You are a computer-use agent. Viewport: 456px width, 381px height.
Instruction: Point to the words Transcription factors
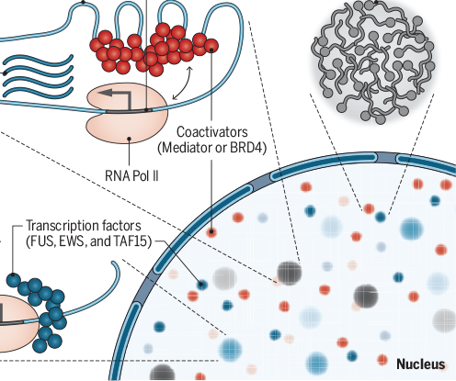click(85, 225)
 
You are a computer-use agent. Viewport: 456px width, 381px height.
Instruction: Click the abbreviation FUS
click(42, 242)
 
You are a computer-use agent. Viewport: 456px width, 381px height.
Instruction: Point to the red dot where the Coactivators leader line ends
click(212, 231)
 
